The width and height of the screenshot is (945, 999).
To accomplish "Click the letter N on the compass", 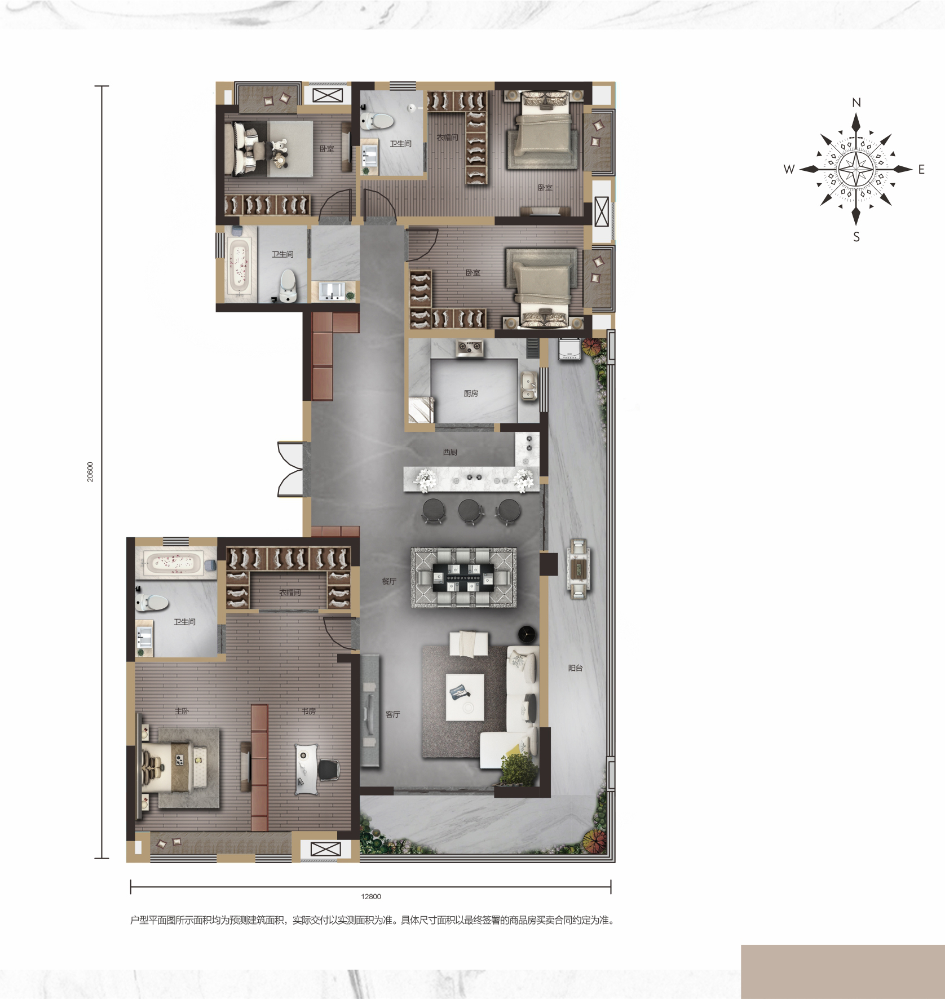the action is (856, 103).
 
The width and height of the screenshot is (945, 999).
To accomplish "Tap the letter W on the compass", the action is (789, 169).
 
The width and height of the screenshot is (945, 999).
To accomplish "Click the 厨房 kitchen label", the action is (471, 394).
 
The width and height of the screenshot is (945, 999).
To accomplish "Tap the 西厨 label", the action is (450, 452).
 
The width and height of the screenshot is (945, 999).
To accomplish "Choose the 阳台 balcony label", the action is (575, 668).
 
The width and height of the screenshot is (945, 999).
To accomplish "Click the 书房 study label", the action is (308, 711).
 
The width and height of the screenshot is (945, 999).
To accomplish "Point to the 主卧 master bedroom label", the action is (182, 711).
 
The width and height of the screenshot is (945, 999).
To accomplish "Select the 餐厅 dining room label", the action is (389, 581).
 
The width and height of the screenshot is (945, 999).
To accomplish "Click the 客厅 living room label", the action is (392, 714).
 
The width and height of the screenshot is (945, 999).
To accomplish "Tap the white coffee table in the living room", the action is (465, 697).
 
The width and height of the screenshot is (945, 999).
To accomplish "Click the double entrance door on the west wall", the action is (291, 469).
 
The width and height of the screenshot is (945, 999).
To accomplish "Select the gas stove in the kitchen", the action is (469, 348).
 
